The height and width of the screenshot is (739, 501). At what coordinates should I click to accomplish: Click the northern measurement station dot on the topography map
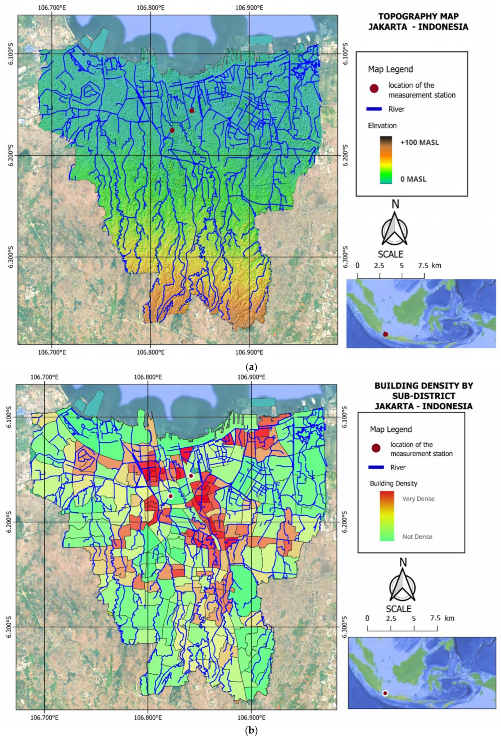click(x=192, y=111)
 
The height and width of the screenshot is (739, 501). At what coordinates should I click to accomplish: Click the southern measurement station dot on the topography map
click(x=172, y=130)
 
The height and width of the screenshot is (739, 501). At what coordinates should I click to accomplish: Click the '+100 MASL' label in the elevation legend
click(x=420, y=143)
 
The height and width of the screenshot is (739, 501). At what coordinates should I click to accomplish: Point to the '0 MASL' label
click(x=413, y=179)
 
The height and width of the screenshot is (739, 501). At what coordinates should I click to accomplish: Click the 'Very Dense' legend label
click(x=418, y=499)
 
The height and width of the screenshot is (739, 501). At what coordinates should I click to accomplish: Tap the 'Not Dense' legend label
click(x=417, y=537)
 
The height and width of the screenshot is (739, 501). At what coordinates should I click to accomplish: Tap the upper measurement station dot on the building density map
click(x=191, y=476)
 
